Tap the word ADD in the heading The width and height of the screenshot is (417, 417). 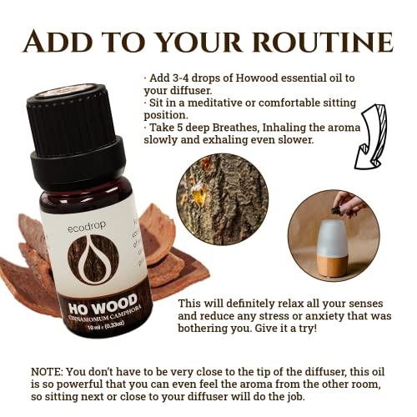click(59, 42)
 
